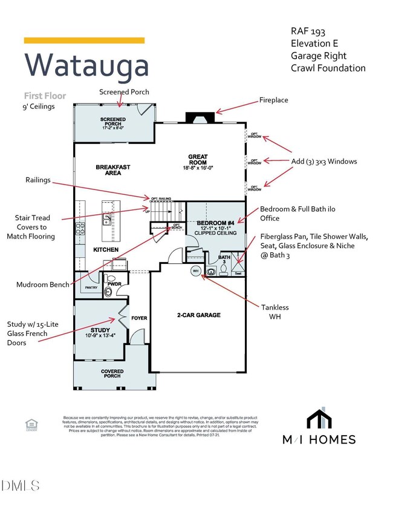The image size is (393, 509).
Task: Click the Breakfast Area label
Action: [113, 169]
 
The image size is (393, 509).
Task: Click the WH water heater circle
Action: [195, 271]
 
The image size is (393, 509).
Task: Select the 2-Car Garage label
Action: [198, 315]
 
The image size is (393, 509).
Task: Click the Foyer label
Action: [139, 318]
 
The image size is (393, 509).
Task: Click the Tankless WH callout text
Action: [276, 312]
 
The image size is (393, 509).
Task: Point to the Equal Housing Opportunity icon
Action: [31, 425]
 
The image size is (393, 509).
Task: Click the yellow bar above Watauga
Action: [84, 41]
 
